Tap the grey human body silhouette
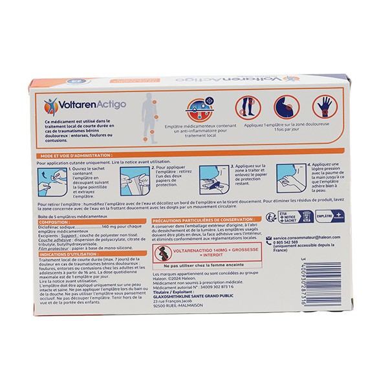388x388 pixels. point(150,116)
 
